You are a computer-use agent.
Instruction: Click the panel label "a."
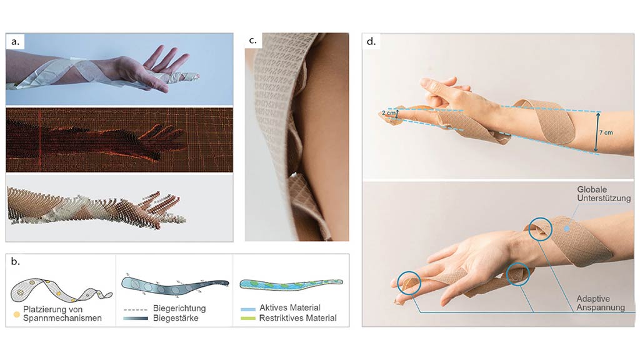[x=15, y=42]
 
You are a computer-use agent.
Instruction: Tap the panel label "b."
[x=15, y=261]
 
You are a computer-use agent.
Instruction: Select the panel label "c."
[x=252, y=41]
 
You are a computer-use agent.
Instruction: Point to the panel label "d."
[x=371, y=41]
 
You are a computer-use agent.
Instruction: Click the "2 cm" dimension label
[x=388, y=112]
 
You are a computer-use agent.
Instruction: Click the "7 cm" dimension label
[x=606, y=132]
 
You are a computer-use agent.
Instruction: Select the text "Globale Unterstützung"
[x=603, y=194]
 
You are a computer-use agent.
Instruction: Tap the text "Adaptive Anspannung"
[x=601, y=303]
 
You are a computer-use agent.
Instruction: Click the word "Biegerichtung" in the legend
[x=179, y=308]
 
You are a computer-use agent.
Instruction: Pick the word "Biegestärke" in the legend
[x=176, y=318]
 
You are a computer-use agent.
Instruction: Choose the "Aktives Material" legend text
[x=290, y=307]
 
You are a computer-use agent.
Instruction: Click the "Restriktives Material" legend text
[x=298, y=318]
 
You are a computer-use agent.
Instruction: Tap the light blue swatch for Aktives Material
[x=248, y=309]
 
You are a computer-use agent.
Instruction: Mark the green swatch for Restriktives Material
[x=248, y=318]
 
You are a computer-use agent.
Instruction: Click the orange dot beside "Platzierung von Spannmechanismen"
[x=17, y=315]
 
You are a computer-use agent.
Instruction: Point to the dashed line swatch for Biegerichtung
[x=135, y=310]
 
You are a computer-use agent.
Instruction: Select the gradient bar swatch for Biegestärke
[x=135, y=318]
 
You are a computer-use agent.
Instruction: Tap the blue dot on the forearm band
[x=566, y=229]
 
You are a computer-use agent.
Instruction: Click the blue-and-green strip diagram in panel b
[x=291, y=283]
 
